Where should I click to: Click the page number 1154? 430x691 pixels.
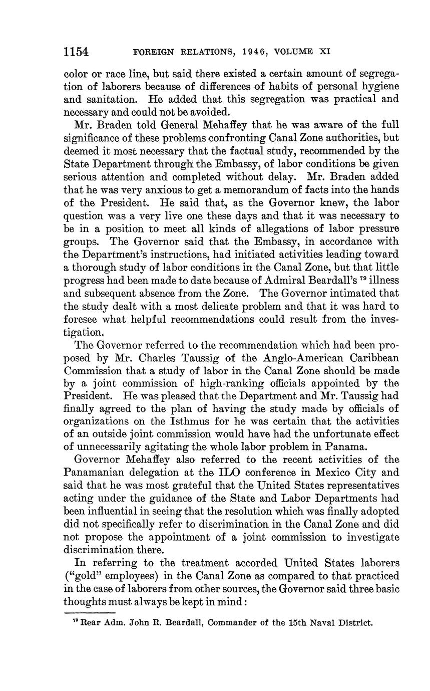point(76,52)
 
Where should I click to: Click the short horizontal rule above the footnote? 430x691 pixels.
point(90,612)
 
